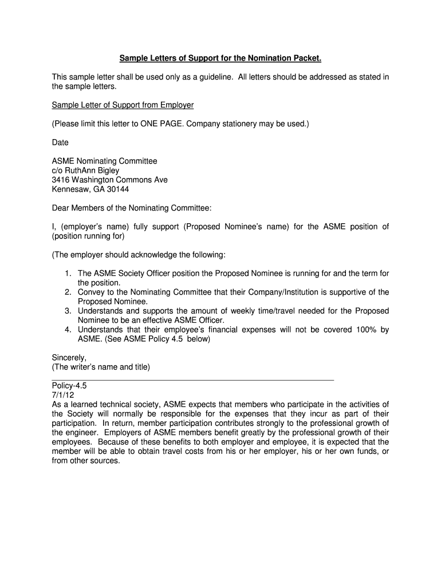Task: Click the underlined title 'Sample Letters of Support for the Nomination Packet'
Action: [x=220, y=58]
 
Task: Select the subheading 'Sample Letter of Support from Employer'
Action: [x=123, y=105]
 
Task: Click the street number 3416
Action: [x=62, y=180]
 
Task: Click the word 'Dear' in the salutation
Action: [x=62, y=208]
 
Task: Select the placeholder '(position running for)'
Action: [x=88, y=236]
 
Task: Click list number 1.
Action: [x=68, y=274]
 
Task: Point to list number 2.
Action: [x=68, y=292]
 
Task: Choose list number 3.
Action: [x=68, y=311]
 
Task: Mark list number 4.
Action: [x=68, y=330]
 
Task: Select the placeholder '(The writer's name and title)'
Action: [x=101, y=367]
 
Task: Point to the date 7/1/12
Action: [x=63, y=395]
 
